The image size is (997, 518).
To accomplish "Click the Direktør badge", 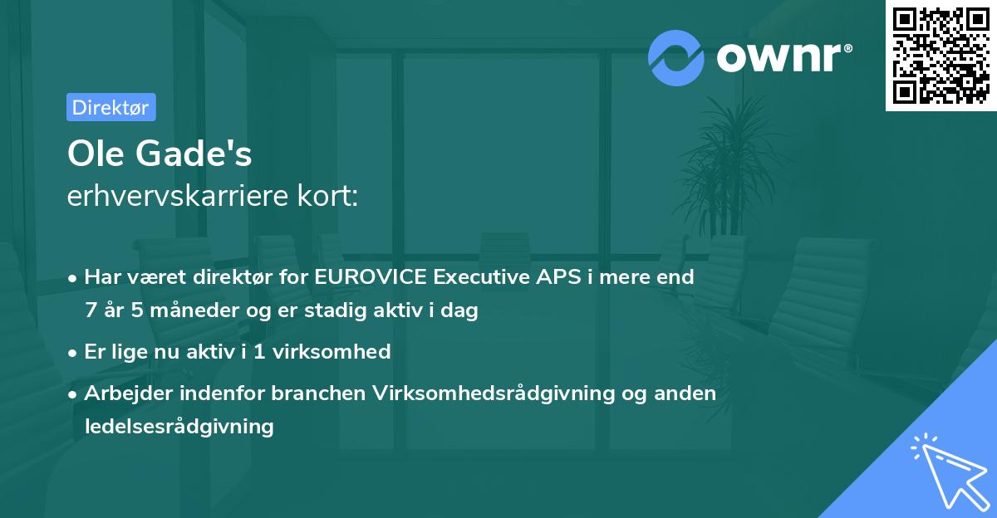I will point(111,107).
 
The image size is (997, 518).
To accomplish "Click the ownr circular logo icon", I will point(676,57).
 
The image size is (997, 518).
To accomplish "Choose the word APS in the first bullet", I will point(557,276).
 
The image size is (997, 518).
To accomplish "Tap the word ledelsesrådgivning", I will point(179,427).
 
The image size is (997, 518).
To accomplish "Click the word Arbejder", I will point(126,393).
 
